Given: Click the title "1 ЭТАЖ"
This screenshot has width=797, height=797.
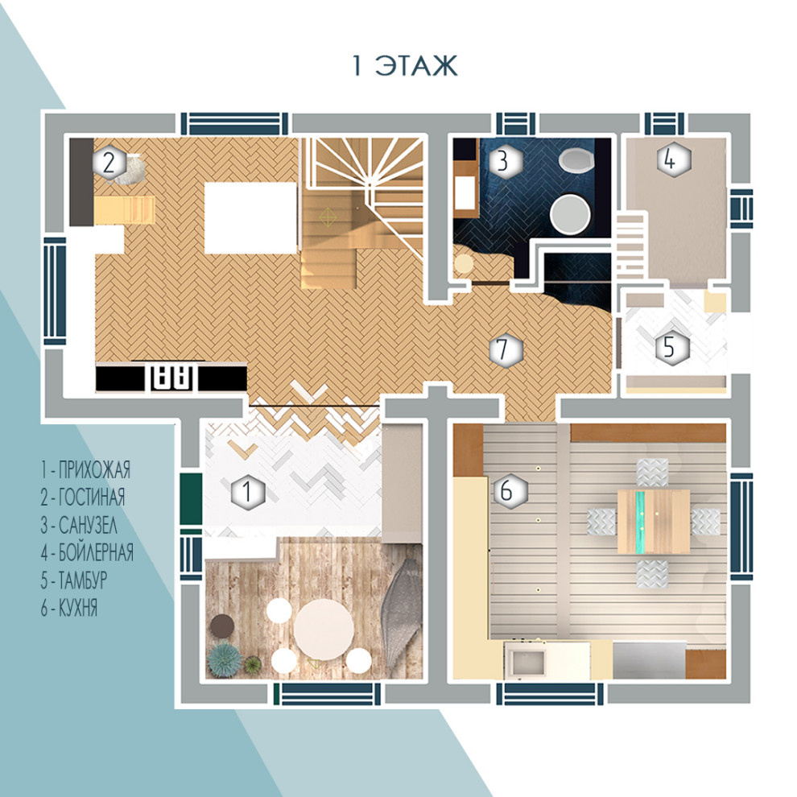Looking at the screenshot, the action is point(405,66).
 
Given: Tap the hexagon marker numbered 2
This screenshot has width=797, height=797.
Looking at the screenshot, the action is point(109,162).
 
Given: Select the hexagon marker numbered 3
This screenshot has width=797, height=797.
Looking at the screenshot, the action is point(503,161).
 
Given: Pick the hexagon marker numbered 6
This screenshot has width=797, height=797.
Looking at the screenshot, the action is point(508,491).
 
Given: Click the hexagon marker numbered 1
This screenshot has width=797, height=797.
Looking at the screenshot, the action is point(248,491).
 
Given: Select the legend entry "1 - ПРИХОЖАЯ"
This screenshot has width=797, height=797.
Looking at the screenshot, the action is point(85,469).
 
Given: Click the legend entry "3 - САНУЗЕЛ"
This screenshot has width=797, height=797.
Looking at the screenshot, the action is point(79,525).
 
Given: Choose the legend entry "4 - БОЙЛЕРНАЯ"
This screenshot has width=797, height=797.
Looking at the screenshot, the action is point(87,552).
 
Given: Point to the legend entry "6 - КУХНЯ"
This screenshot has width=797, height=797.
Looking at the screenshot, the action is point(69,608).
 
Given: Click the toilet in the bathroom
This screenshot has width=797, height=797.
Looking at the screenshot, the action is point(576,161).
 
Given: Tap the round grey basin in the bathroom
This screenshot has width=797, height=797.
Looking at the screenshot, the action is point(571,214).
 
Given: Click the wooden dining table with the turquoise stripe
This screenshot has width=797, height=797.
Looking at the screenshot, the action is point(654,521).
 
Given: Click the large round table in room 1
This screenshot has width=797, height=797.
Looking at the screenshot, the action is point(324,630).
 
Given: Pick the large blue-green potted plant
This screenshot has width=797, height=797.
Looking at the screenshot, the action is point(224,660).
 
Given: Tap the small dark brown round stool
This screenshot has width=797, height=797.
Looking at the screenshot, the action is point(221,626).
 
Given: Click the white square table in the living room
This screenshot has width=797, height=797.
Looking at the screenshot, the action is point(250,217).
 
